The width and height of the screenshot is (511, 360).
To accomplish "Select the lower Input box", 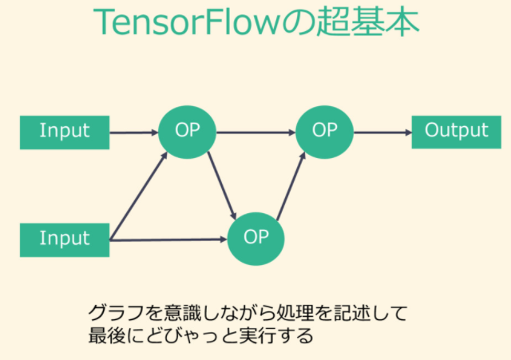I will (x=65, y=239).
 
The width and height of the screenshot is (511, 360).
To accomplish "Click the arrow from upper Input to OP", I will (x=133, y=132).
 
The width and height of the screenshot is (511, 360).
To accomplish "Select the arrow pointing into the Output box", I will (x=382, y=132).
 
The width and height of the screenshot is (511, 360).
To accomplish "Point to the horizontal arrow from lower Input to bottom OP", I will (x=168, y=239).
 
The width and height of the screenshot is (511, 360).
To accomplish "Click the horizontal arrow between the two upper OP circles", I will (x=255, y=132).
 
